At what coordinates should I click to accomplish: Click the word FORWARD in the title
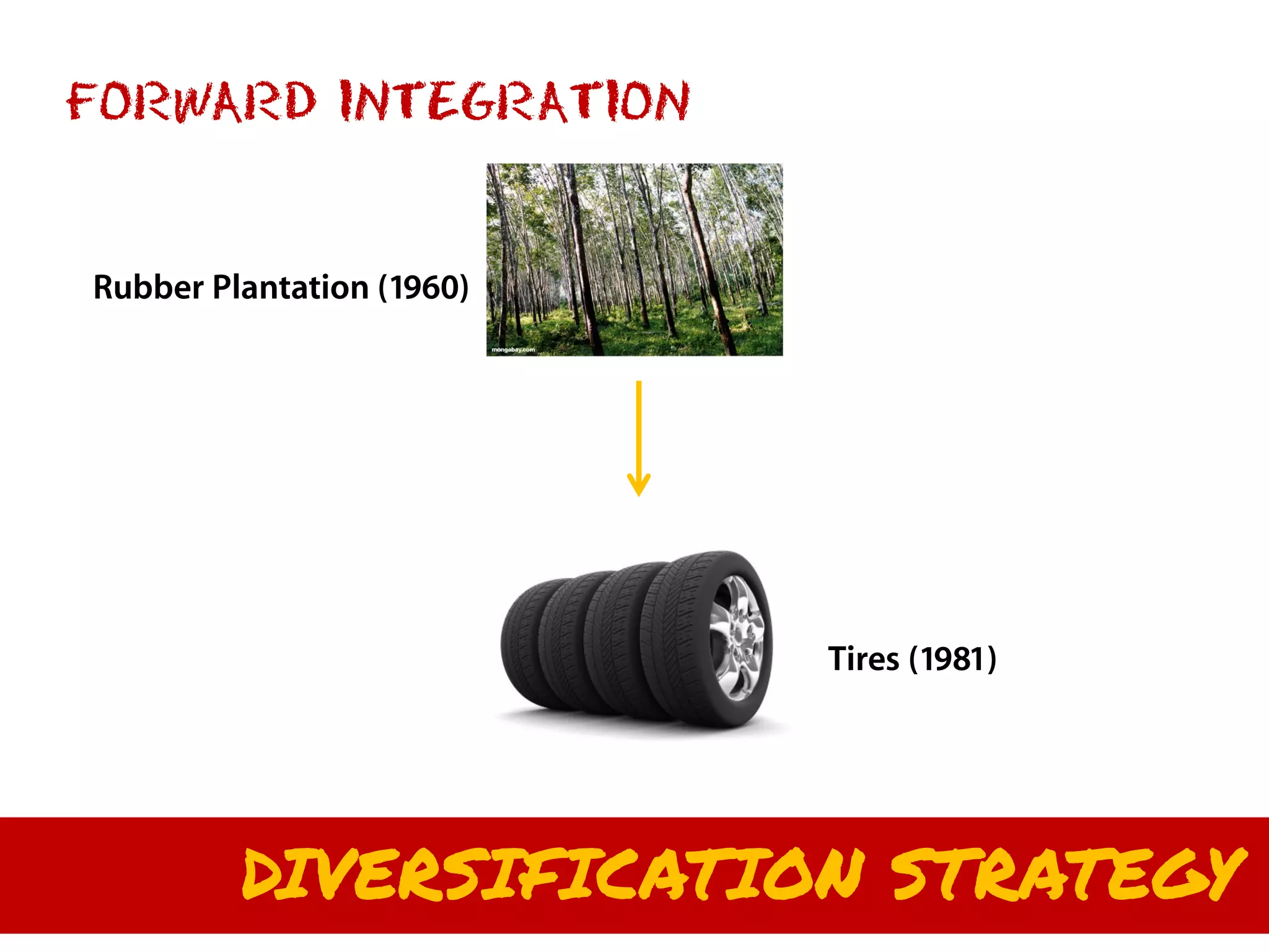click(x=191, y=101)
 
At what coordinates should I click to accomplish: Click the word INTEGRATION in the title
click(x=514, y=101)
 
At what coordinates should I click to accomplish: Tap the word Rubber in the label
click(x=148, y=288)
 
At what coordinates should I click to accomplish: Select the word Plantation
click(x=291, y=288)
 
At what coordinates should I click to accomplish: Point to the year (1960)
click(x=423, y=288)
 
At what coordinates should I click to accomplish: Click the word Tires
click(x=863, y=659)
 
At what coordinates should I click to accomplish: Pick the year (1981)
click(x=952, y=659)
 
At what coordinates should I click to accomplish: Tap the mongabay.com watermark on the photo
click(x=513, y=350)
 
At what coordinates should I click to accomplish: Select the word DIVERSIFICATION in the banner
click(x=551, y=875)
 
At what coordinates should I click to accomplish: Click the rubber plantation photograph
click(x=634, y=260)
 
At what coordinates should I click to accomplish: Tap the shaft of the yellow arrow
click(x=639, y=428)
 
